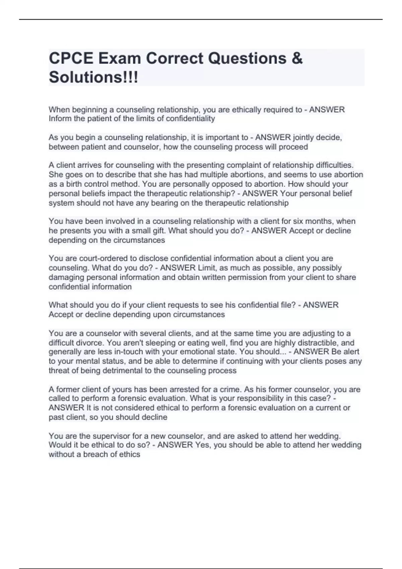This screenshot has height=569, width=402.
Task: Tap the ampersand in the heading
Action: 297,59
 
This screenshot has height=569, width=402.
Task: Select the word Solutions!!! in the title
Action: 93,77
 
